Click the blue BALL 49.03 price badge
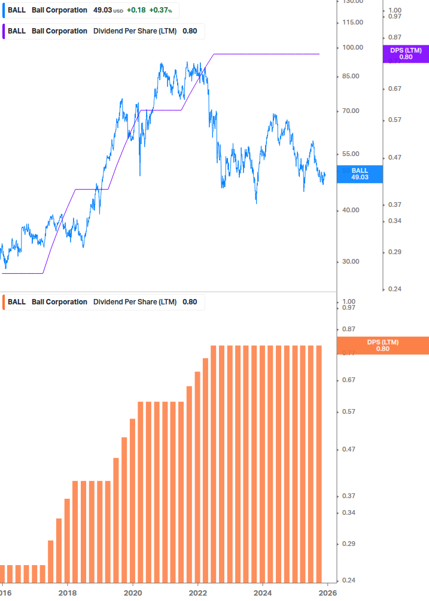[360, 174]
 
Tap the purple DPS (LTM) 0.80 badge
[406, 54]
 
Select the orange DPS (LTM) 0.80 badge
[383, 345]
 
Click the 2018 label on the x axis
[68, 593]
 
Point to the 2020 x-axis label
[132, 593]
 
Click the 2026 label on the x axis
[327, 593]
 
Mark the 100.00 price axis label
[352, 48]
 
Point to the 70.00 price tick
[352, 111]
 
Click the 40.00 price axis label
[352, 210]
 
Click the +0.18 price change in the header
[137, 10]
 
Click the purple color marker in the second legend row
[4, 31]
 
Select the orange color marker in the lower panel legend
[4, 302]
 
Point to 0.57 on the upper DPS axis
[394, 120]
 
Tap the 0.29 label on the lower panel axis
[348, 544]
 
